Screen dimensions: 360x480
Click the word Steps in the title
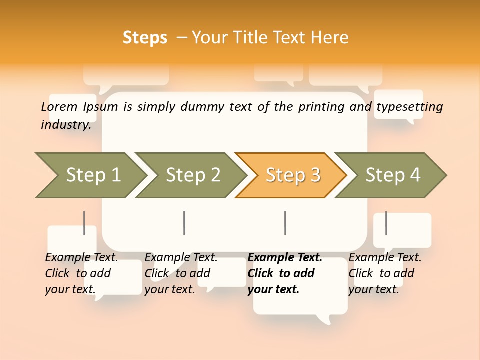point(145,38)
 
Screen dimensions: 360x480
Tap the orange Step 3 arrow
point(293,175)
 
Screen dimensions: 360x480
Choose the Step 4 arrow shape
point(393,175)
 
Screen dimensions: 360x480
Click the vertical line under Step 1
point(84,223)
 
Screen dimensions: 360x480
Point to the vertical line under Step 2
point(184,223)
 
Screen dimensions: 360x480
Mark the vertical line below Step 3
point(285,223)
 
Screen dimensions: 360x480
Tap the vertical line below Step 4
point(386,223)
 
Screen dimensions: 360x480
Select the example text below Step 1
point(81,273)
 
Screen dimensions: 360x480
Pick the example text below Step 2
point(181,273)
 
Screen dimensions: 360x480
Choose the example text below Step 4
point(385,273)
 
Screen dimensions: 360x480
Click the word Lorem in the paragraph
point(59,107)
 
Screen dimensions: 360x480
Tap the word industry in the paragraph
point(65,125)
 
